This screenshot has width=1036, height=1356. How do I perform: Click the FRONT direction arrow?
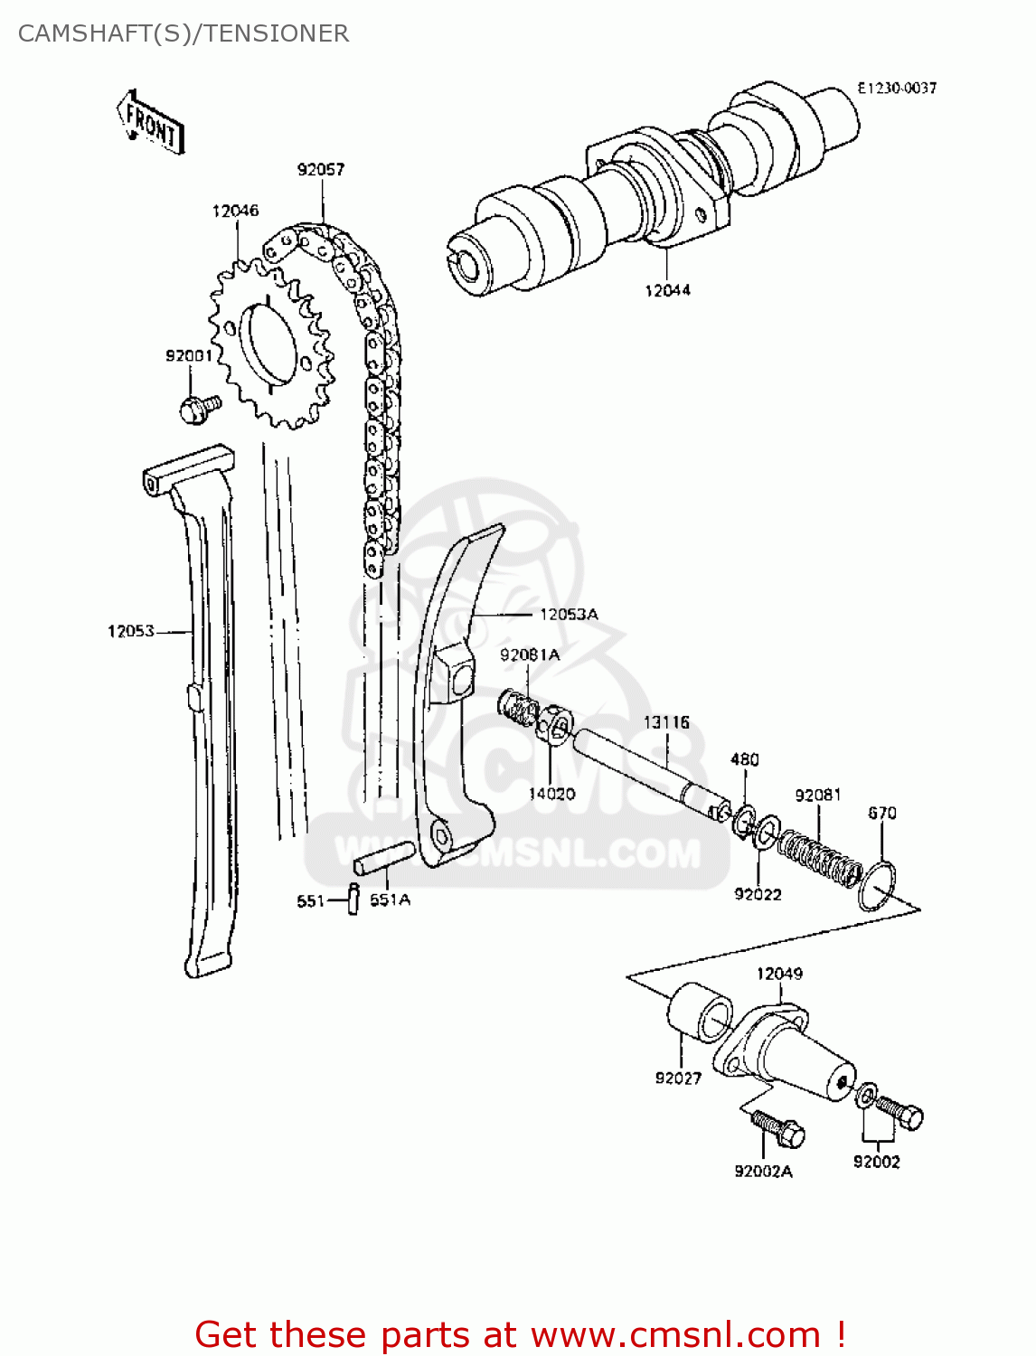(151, 122)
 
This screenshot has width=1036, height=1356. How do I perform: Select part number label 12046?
(235, 211)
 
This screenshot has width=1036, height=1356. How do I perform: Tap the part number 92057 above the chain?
(321, 169)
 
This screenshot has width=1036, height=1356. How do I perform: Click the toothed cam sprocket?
(271, 344)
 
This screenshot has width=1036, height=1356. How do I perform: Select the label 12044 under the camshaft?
(667, 290)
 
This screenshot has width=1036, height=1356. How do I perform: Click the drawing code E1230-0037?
(897, 88)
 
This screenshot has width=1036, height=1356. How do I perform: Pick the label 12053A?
(569, 615)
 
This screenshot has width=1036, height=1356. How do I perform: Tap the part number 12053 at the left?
(131, 631)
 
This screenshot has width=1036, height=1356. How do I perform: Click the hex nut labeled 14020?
(555, 725)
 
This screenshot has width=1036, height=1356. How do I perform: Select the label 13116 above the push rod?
(666, 722)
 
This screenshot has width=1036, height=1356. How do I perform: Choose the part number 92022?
(758, 894)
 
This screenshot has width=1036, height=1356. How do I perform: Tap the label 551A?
(390, 899)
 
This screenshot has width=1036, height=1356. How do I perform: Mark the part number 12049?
(779, 974)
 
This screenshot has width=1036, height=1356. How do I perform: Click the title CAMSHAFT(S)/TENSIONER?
(184, 33)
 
